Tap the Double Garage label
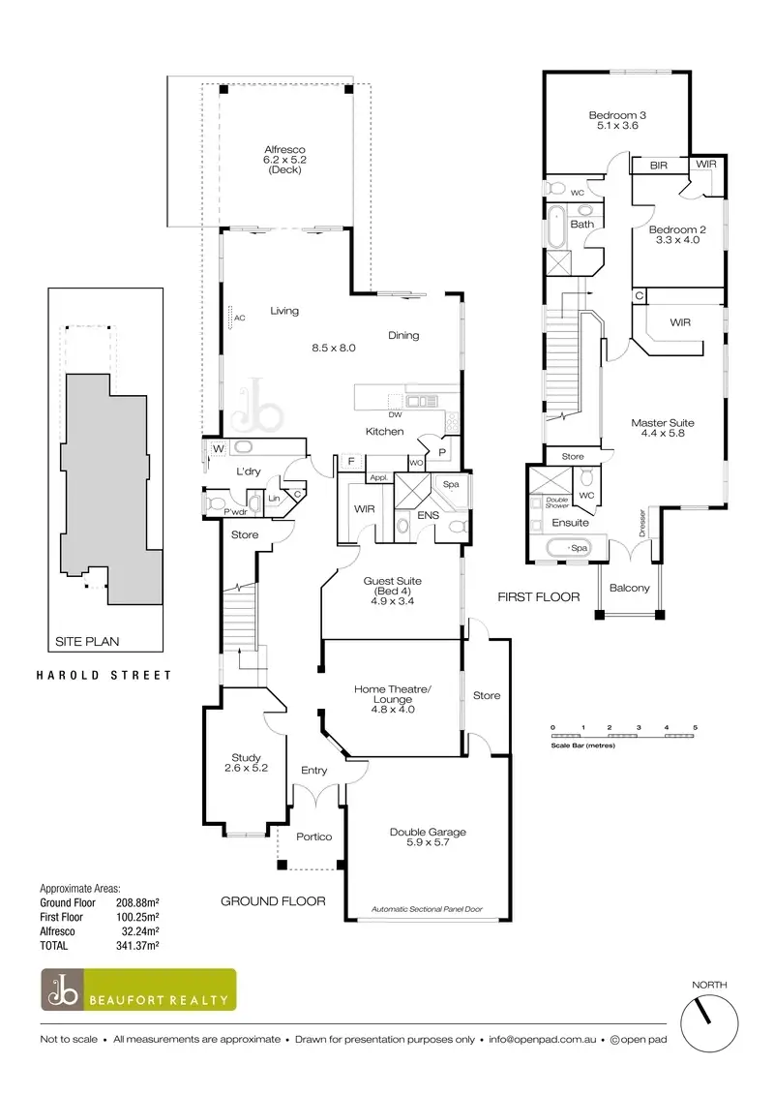(428, 836)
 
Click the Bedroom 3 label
(617, 120)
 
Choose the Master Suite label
(663, 429)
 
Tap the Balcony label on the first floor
(630, 589)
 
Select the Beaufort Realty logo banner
(137, 990)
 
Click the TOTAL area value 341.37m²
(137, 944)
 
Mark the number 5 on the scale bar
(695, 726)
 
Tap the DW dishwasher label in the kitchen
(395, 414)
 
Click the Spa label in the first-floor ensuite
(580, 549)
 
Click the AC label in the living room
(240, 318)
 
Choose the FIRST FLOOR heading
(539, 597)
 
